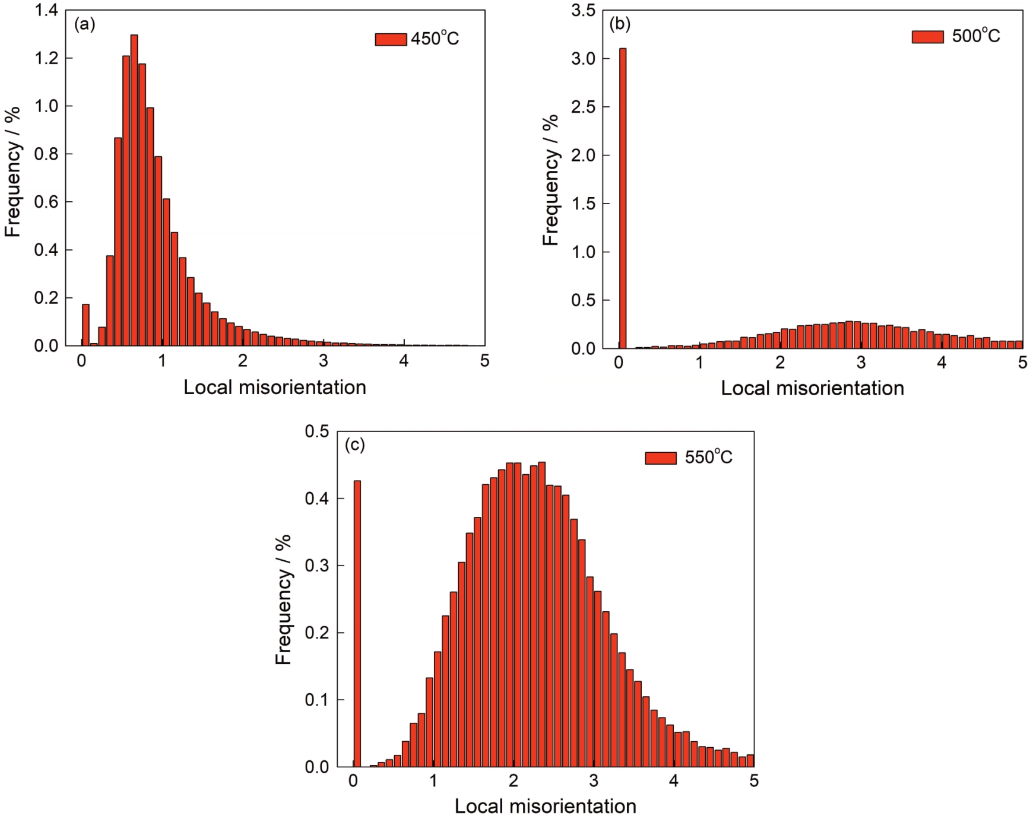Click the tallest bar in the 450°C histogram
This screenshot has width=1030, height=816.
pyautogui.click(x=134, y=190)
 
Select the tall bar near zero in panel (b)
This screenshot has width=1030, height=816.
pyautogui.click(x=623, y=198)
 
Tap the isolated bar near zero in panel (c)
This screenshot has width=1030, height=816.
pyautogui.click(x=357, y=623)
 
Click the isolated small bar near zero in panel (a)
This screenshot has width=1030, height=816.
pyautogui.click(x=85, y=325)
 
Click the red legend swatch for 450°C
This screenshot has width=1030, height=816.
pyautogui.click(x=391, y=39)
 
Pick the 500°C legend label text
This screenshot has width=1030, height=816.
pyautogui.click(x=975, y=36)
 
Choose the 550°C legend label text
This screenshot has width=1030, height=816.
pyautogui.click(x=708, y=457)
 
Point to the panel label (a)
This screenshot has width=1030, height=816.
pyautogui.click(x=84, y=24)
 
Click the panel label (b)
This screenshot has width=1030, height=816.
pyautogui.click(x=620, y=24)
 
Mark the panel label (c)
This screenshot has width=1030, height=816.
pyautogui.click(x=354, y=445)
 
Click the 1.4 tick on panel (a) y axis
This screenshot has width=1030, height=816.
pyautogui.click(x=46, y=10)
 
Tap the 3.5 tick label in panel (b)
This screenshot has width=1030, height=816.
pyautogui.click(x=583, y=10)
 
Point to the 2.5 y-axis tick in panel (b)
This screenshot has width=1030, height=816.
pyautogui.click(x=583, y=107)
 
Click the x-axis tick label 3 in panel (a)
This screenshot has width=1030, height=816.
pyautogui.click(x=323, y=361)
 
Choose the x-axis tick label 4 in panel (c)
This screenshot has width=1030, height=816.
pyautogui.click(x=673, y=781)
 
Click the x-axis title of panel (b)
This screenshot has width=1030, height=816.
pyautogui.click(x=812, y=388)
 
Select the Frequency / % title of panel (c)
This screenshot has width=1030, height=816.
pyautogui.click(x=284, y=599)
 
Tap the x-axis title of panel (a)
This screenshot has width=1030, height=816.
pyautogui.click(x=274, y=388)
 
